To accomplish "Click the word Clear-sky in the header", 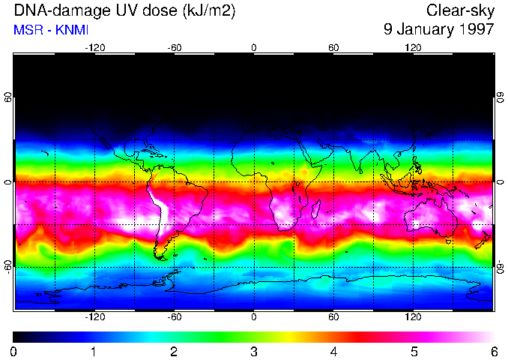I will pyautogui.click(x=460, y=10).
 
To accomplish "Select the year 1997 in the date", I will pyautogui.click(x=477, y=29).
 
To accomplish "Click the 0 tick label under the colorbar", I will pyautogui.click(x=13, y=351).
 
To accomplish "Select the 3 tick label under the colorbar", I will pyautogui.click(x=253, y=351).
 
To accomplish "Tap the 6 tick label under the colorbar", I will pyautogui.click(x=493, y=351).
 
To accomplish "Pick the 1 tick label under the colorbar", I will pyautogui.click(x=94, y=351).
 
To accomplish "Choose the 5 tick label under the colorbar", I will pyautogui.click(x=413, y=351).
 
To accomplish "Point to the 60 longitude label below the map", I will pyautogui.click(x=333, y=317).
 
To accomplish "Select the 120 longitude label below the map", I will pyautogui.click(x=413, y=317).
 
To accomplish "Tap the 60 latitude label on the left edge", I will pyautogui.click(x=8, y=98).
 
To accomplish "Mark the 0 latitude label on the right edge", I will pyautogui.click(x=500, y=182).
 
